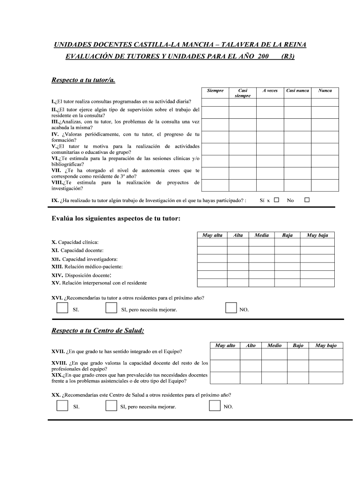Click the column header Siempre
[215, 91]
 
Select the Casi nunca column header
[297, 91]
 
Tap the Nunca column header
[325, 91]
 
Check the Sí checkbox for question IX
[276, 200]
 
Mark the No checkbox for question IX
[307, 200]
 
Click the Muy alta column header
[212, 235]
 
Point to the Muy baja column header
[317, 235]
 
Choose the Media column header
[261, 235]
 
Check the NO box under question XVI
[230, 307]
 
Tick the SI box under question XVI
[62, 307]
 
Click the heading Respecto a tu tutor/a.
[83, 80]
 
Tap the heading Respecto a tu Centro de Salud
[98, 331]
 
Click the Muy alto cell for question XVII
[225, 354]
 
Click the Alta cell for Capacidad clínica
[238, 242]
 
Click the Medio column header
[274, 345]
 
